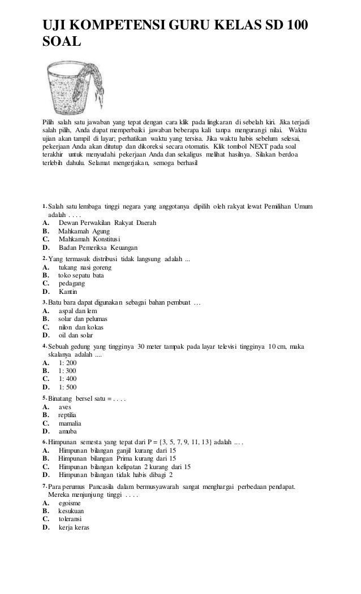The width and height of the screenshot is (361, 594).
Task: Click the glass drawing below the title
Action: point(76,86)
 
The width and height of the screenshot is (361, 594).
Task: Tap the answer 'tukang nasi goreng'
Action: point(85,267)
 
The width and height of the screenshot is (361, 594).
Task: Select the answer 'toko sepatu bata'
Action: point(81,275)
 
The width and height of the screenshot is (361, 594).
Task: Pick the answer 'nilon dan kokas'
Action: point(81,327)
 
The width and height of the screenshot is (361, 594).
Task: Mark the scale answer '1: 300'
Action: point(67,371)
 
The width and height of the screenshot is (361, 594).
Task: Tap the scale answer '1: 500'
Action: point(67,387)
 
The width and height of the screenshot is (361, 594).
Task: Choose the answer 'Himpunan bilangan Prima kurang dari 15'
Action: point(117,459)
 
